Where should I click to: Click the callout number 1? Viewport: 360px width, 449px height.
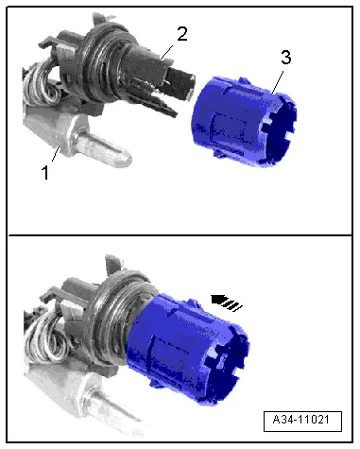point(45,172)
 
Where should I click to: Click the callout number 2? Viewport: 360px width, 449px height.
point(182,34)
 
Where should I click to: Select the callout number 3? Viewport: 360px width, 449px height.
point(285,58)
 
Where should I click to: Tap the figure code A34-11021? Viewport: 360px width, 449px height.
point(301,420)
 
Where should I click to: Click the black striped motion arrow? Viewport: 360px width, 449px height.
point(227,302)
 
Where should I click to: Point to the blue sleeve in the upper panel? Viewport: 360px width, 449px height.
point(245,121)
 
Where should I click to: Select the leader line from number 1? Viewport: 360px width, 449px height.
point(56,153)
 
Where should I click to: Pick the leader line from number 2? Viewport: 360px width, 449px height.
point(167,52)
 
